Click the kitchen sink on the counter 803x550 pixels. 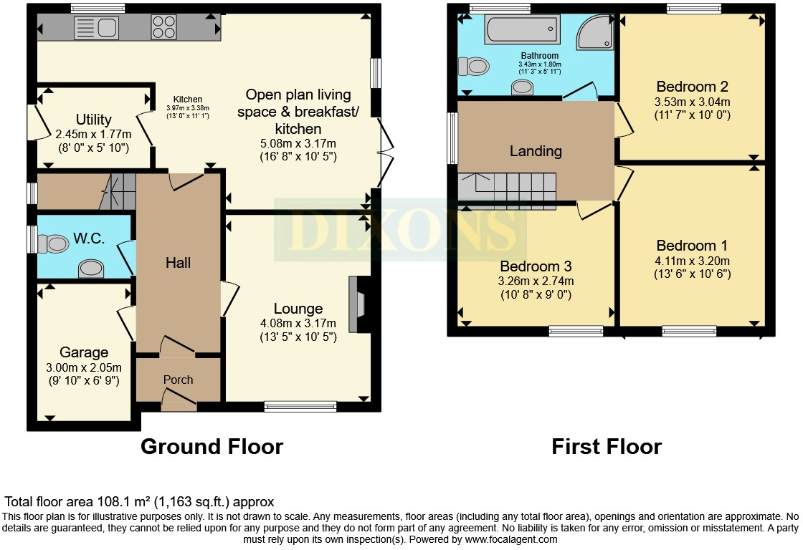point(96,29)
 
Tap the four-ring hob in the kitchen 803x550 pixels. point(163,28)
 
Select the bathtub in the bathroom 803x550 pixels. point(522,32)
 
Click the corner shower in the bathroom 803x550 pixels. point(596,32)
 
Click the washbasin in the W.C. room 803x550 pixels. point(90,269)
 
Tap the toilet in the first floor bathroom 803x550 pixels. point(475,67)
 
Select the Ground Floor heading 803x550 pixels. point(212,447)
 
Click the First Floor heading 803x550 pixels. point(606,447)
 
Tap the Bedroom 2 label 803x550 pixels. point(692,87)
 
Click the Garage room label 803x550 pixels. point(84,352)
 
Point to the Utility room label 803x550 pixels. point(93,120)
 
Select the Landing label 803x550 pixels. point(536,151)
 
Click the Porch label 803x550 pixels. point(178,380)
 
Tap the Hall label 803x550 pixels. point(178,263)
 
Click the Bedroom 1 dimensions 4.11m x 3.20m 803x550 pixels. point(692,261)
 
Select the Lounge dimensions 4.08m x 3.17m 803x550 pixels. point(298,324)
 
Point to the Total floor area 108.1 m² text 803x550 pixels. point(139,502)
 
